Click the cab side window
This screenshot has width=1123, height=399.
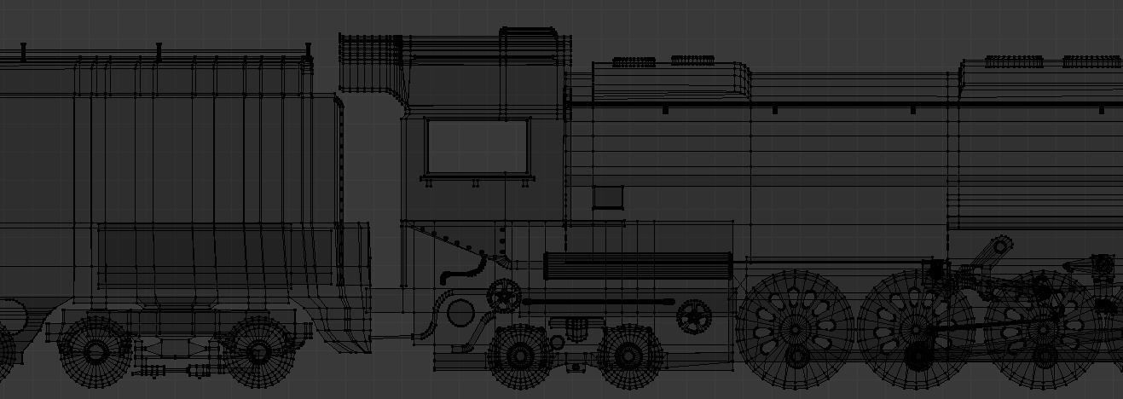click(478, 147)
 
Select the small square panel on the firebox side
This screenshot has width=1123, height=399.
click(608, 197)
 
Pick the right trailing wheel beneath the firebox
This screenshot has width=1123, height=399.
click(628, 354)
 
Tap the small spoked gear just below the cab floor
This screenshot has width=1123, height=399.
click(503, 297)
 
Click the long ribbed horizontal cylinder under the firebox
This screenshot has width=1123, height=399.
click(638, 265)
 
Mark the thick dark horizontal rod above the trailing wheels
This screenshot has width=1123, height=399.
click(597, 302)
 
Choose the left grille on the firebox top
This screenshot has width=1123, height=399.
click(634, 61)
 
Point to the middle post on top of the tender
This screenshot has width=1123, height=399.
click(159, 52)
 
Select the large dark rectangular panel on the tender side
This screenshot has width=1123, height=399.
click(205, 256)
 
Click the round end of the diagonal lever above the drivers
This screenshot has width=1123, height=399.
click(1002, 246)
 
